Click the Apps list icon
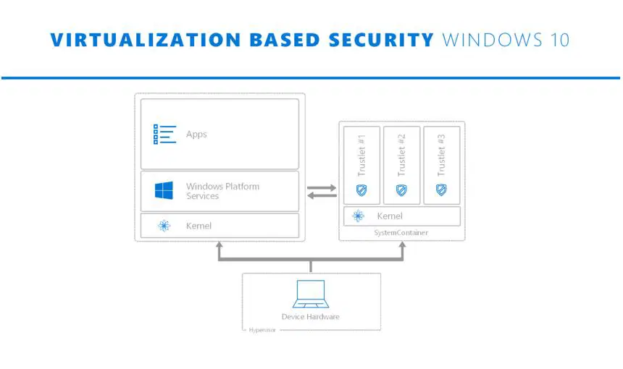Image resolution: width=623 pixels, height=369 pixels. [x=164, y=134]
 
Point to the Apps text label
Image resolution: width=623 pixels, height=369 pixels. [x=196, y=134]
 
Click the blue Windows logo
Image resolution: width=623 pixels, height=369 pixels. [x=164, y=191]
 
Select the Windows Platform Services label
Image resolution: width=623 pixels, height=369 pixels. [x=222, y=191]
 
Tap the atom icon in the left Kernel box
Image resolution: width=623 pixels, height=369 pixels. [x=164, y=226]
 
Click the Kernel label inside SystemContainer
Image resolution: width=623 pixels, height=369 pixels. [x=389, y=216]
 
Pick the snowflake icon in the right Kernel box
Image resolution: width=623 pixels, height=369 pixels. [x=358, y=216]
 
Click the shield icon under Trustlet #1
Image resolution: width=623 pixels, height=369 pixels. [x=361, y=190]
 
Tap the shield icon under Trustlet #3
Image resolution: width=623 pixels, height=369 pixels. [x=440, y=190]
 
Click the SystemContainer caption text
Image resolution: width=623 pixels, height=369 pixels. [x=401, y=232]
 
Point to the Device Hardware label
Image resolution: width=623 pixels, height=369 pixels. [x=310, y=316]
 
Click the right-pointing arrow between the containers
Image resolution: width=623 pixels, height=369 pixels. [x=322, y=187]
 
